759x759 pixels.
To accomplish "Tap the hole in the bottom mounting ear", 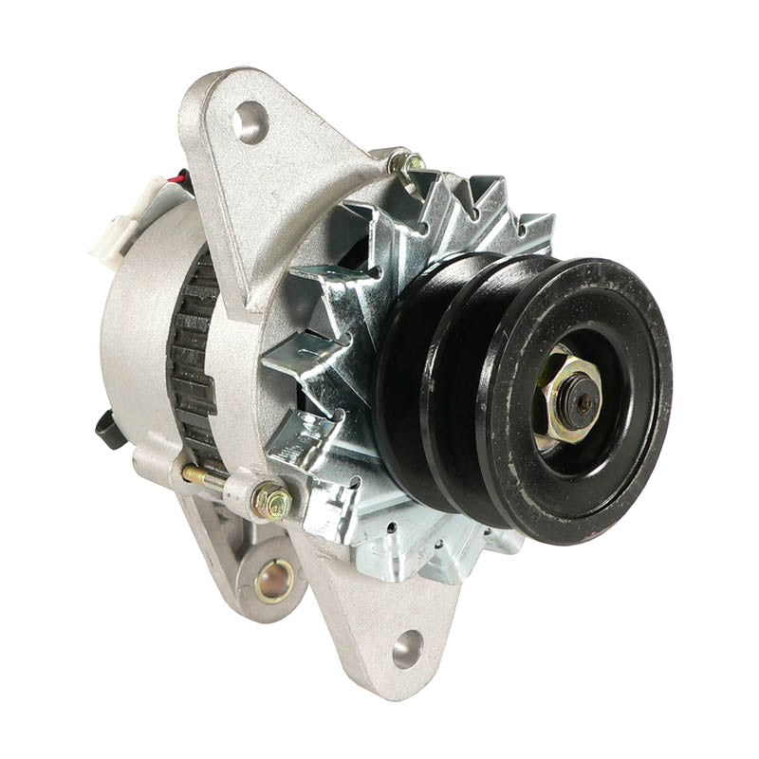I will [x=407, y=649].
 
